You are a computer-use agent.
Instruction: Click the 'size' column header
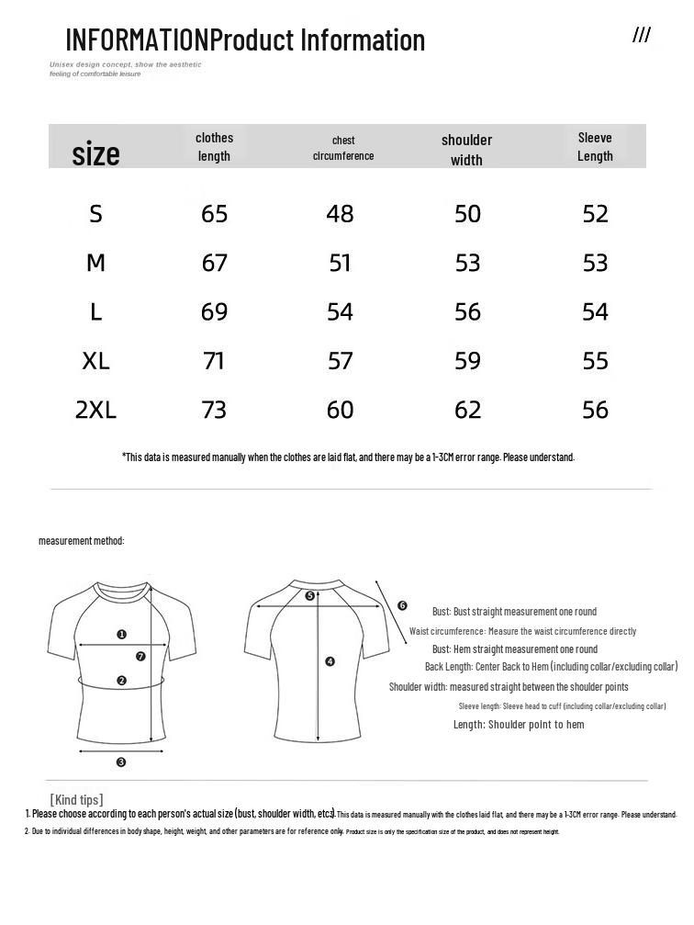95,153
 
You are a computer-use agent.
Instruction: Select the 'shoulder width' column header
466,149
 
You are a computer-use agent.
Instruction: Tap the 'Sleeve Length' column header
595,146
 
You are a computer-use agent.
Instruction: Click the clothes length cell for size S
214,214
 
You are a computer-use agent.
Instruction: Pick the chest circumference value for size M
340,264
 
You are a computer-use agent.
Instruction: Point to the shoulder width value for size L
467,312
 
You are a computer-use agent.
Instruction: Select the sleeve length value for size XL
595,361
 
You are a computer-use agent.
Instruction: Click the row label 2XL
95,410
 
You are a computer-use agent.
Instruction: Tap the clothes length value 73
214,410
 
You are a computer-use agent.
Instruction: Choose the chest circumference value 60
340,410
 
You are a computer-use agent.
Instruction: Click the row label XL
95,361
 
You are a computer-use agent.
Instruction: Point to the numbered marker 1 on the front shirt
122,635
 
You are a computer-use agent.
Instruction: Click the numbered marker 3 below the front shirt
121,762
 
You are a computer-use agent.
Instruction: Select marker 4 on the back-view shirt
330,661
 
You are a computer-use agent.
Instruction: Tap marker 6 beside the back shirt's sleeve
402,605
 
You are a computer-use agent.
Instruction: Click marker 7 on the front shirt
140,657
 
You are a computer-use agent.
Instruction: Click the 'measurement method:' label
81,541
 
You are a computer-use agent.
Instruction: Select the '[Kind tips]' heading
76,799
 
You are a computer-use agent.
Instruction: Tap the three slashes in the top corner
641,36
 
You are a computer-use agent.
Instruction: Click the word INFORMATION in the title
137,40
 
